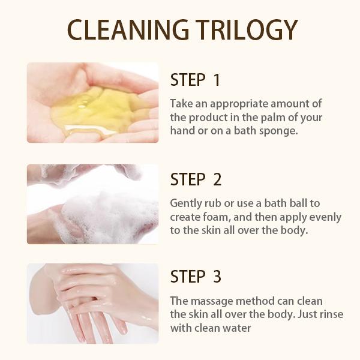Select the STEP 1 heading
(x=195, y=80)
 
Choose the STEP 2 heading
(x=196, y=179)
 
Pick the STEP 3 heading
(x=196, y=277)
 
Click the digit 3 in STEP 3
(x=217, y=277)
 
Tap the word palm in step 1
(x=272, y=116)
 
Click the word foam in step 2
(x=224, y=216)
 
